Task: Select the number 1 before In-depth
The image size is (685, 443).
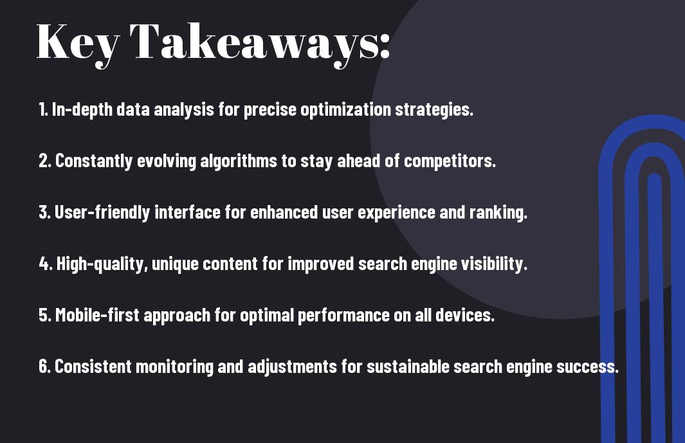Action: point(42,109)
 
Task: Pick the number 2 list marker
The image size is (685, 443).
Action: point(44,161)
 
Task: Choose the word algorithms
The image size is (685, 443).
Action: point(239,161)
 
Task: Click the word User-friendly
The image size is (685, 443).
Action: point(102,212)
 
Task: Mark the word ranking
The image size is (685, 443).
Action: point(498,212)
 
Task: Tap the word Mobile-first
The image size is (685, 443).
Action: point(97,315)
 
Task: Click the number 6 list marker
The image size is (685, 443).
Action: point(44,366)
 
